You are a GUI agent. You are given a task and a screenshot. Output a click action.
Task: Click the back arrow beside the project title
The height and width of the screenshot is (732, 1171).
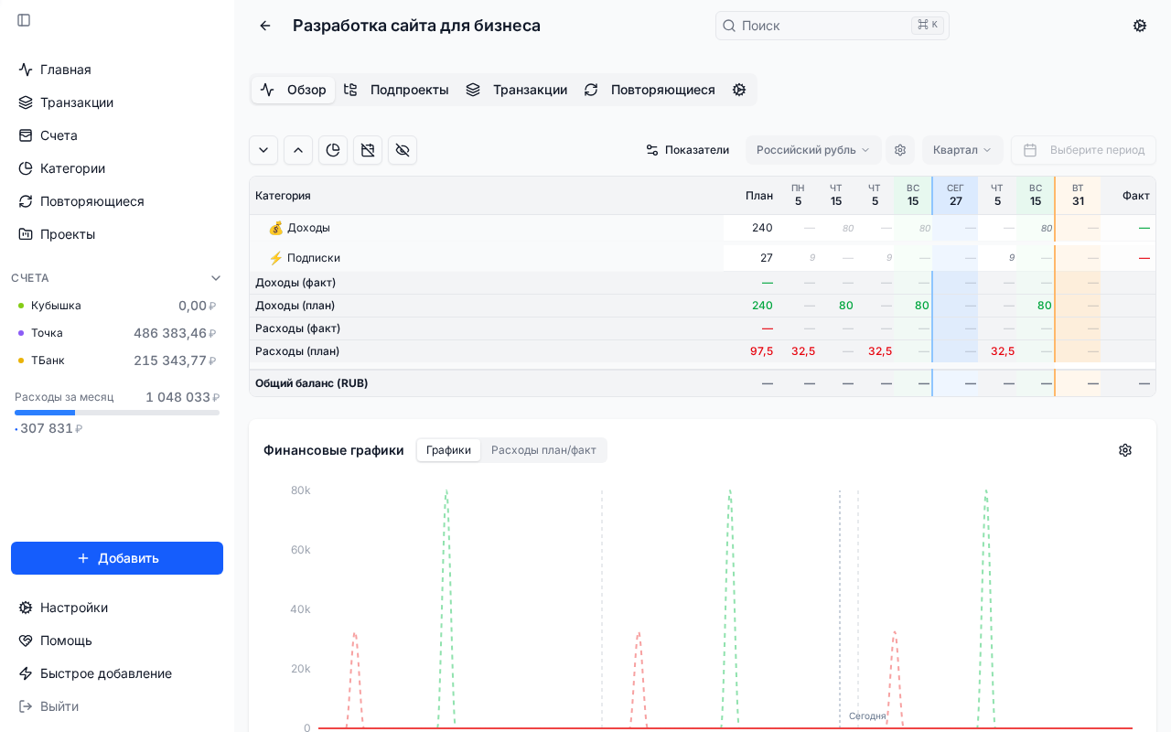click(x=265, y=26)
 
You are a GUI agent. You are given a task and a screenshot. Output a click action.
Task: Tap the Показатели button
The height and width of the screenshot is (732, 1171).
click(x=687, y=150)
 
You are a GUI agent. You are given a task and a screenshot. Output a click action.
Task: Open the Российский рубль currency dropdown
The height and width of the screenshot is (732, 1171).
click(x=812, y=150)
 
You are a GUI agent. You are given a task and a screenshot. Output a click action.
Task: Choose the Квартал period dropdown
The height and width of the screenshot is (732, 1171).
click(x=962, y=150)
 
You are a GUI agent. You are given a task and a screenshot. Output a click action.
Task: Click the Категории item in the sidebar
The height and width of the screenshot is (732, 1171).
click(x=72, y=168)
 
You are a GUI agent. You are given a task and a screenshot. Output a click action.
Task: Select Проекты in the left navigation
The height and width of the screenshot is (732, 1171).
click(x=67, y=234)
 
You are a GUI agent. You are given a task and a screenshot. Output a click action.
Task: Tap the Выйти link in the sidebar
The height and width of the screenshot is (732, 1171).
click(x=59, y=706)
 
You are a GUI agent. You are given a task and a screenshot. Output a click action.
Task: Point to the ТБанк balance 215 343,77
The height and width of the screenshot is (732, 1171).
click(x=170, y=361)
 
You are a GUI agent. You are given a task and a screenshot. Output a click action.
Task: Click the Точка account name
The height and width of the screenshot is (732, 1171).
click(x=47, y=333)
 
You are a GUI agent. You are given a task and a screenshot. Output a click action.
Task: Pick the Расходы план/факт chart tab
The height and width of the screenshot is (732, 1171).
click(x=543, y=450)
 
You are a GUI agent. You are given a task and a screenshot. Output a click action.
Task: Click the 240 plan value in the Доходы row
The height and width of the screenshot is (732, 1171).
click(x=762, y=228)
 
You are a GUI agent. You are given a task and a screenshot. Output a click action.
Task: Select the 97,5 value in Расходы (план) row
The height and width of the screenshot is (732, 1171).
click(x=761, y=351)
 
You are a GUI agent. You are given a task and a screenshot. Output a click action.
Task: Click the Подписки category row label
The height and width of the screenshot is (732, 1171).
click(x=313, y=258)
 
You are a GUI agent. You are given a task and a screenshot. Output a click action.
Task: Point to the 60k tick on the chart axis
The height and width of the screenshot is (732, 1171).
click(x=300, y=550)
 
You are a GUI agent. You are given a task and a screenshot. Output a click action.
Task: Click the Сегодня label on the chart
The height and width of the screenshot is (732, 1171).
click(x=866, y=716)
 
